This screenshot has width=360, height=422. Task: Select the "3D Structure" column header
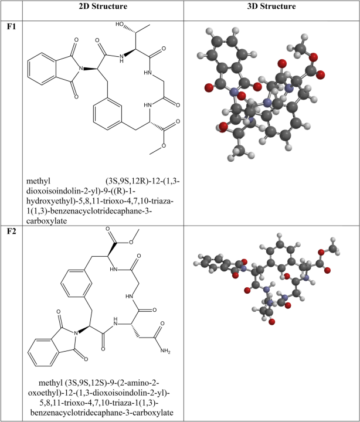pyautogui.click(x=271, y=6)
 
